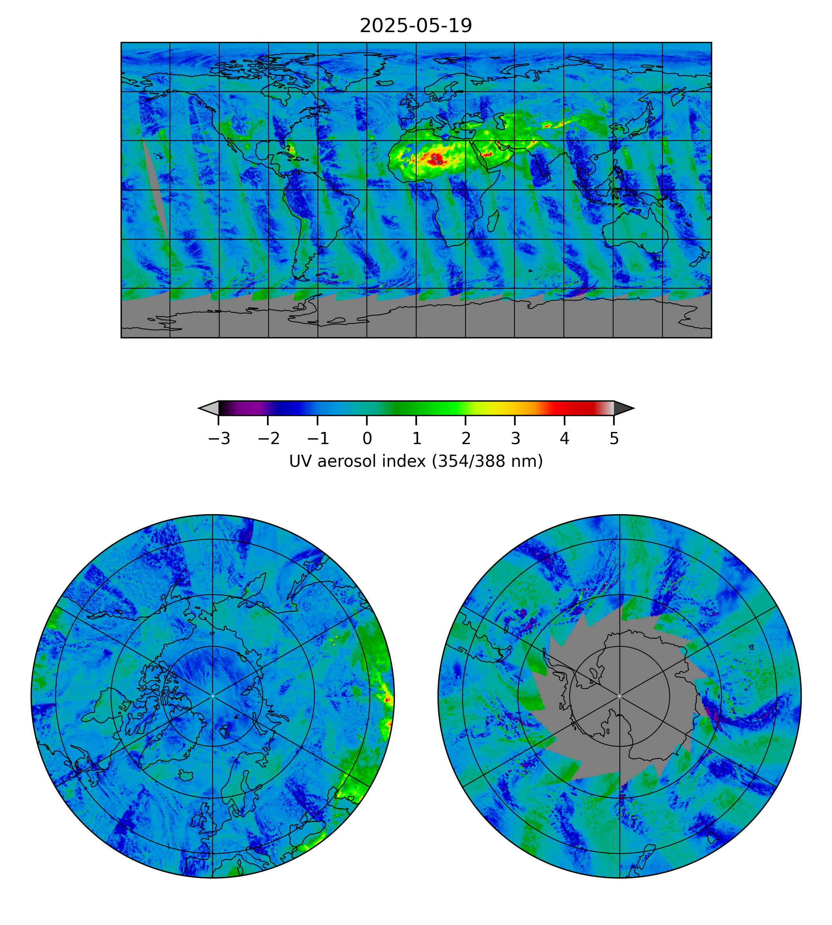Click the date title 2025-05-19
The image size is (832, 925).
coord(415,26)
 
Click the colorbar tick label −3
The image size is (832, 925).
coord(219,439)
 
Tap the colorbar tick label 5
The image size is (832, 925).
coord(614,439)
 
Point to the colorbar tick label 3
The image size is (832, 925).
coord(515,439)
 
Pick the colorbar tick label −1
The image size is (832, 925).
coord(318,439)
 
